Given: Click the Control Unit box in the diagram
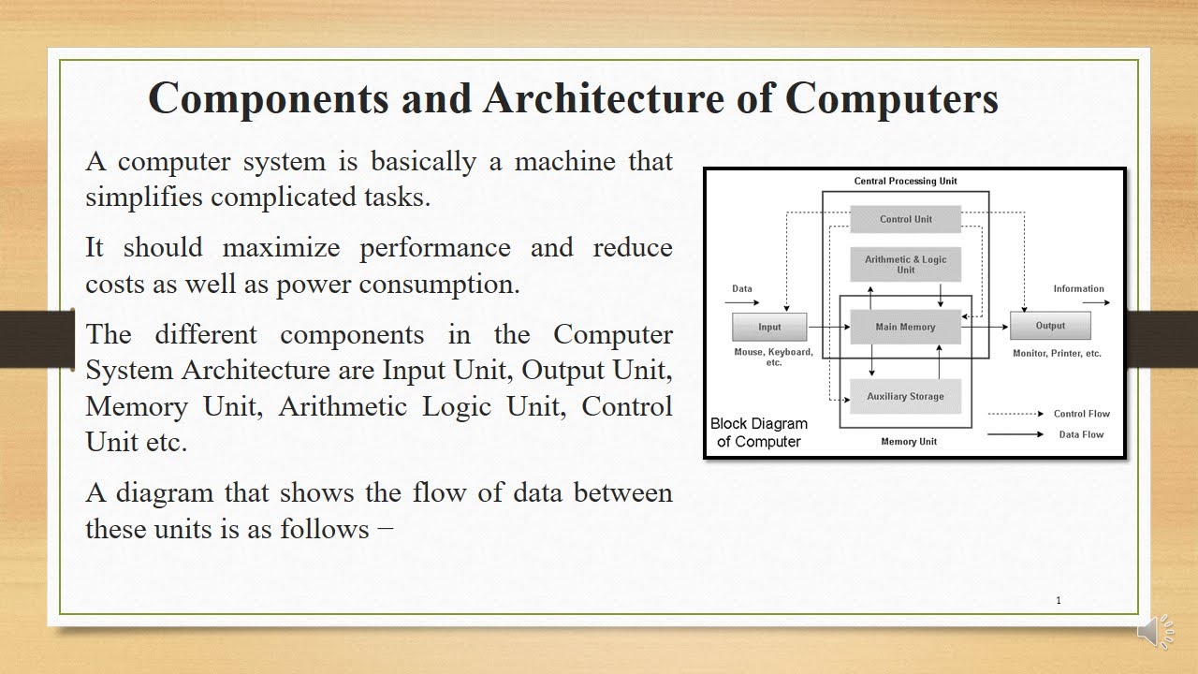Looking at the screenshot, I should pyautogui.click(x=905, y=219).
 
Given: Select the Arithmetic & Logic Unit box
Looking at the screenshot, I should pyautogui.click(x=905, y=265).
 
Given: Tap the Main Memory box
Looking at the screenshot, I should pyautogui.click(x=905, y=327).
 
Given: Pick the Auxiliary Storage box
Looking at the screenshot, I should pyautogui.click(x=905, y=396).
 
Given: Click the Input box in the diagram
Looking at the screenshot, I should pyautogui.click(x=769, y=327).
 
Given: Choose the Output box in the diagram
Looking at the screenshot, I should pyautogui.click(x=1050, y=326).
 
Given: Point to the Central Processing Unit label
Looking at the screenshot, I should pyautogui.click(x=905, y=181).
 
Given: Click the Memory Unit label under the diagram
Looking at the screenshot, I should pyautogui.click(x=908, y=441).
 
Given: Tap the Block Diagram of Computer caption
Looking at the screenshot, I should pyautogui.click(x=758, y=432).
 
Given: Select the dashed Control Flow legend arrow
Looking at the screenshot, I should pyautogui.click(x=1015, y=414).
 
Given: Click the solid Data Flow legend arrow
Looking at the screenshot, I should pyautogui.click(x=1015, y=434).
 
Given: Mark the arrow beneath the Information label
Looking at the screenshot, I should pyautogui.click(x=1095, y=302).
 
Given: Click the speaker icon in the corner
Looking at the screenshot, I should pyautogui.click(x=1157, y=632).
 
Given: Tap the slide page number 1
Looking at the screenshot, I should pyautogui.click(x=1059, y=601).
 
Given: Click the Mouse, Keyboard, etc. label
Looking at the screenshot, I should pyautogui.click(x=774, y=357).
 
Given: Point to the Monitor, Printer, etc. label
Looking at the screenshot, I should pyautogui.click(x=1057, y=354).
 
